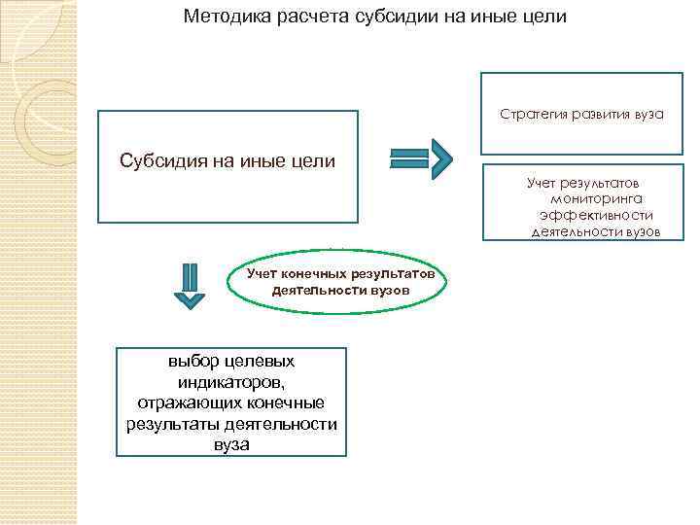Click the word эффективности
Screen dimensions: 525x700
pos(596,214)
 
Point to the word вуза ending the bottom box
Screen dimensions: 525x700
pos(231,445)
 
